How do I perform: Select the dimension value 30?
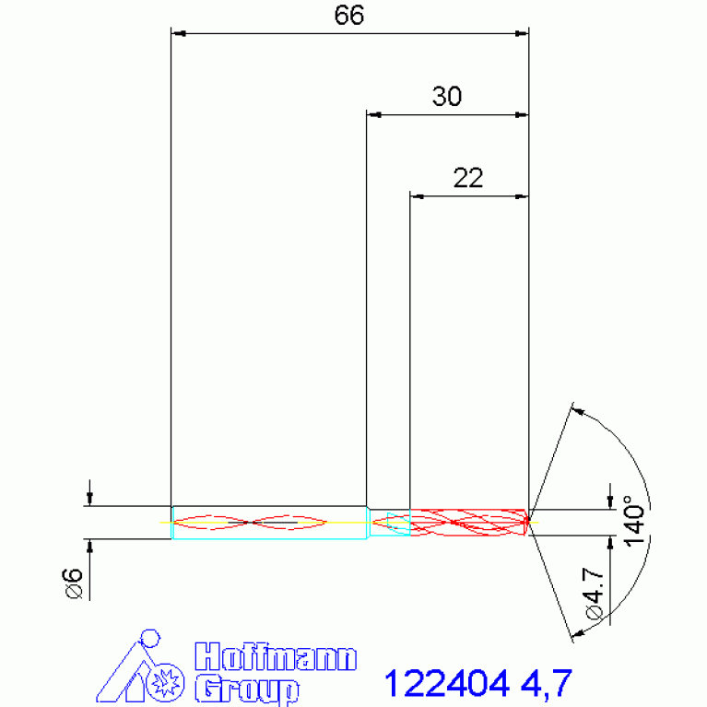pos(447,97)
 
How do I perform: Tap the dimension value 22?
pos(468,178)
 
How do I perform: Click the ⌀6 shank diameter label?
pos(73,583)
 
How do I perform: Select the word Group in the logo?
pos(247,688)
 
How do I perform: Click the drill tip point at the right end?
pos(528,522)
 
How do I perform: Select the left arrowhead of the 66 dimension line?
pos(180,34)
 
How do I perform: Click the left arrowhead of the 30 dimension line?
pos(373,115)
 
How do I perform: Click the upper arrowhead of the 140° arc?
pos(578,410)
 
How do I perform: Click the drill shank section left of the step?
pos(267,522)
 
